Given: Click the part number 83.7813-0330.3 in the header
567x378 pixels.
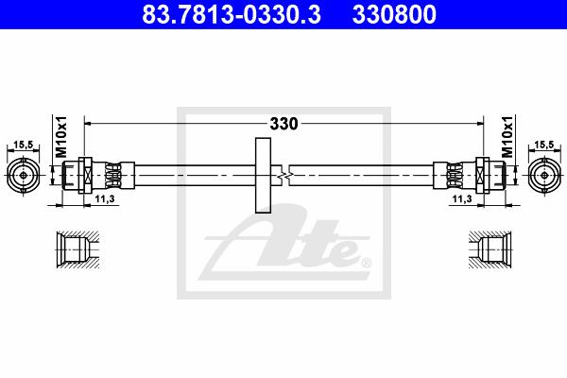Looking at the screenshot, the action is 232,14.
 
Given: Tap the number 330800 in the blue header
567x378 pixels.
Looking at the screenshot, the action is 394,14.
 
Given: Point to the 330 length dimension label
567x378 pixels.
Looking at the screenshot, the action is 283,124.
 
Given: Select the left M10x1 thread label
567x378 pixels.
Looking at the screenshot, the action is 61,137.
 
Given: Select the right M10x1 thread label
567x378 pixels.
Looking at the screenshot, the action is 507,137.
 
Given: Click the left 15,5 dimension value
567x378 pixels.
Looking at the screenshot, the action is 23,145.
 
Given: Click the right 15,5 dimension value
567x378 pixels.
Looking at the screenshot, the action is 544,145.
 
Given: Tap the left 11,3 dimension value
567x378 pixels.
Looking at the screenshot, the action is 105,198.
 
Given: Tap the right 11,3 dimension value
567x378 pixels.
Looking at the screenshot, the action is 462,198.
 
